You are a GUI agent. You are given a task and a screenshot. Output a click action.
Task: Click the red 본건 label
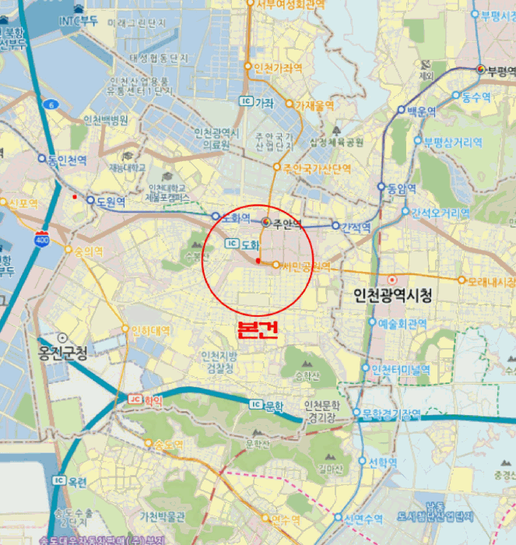pyautogui.click(x=257, y=329)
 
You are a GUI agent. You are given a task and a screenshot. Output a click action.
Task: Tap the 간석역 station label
pyautogui.click(x=356, y=227)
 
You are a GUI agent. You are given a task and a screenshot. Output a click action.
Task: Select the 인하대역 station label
pyautogui.click(x=150, y=330)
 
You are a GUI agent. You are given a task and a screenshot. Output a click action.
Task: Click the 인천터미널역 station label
pyautogui.click(x=401, y=369)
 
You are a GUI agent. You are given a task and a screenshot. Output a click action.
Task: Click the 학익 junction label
pyautogui.click(x=153, y=400)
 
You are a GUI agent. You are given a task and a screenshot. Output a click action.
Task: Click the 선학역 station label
pyautogui.click(x=382, y=462)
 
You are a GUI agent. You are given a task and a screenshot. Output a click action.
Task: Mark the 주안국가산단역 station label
pyautogui.click(x=317, y=168)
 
